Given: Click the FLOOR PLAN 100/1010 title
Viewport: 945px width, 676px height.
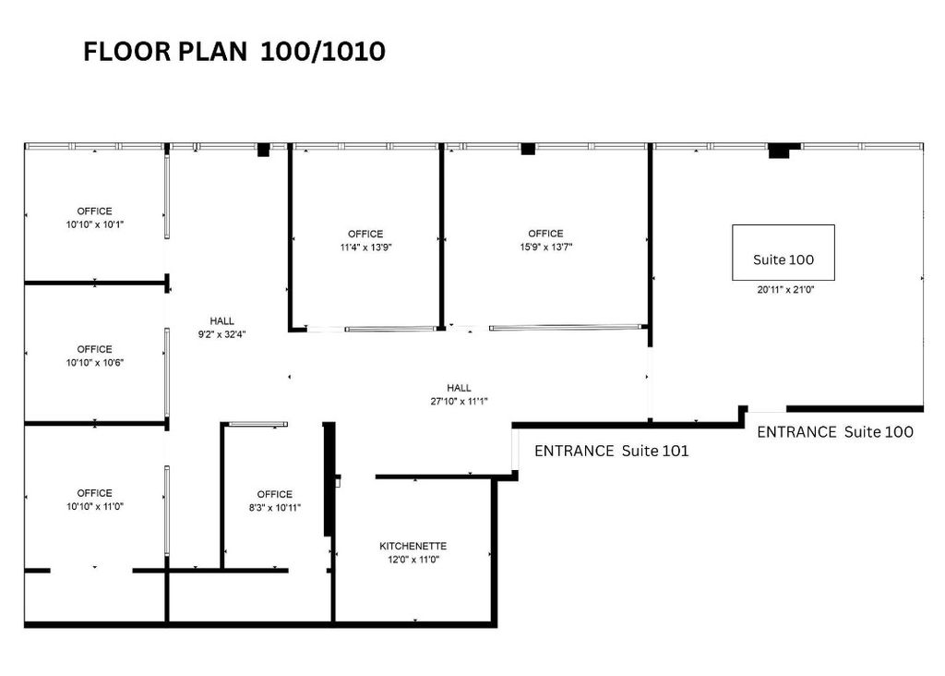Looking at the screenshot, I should (233, 53).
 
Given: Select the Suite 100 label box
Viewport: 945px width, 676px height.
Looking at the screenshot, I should (783, 252).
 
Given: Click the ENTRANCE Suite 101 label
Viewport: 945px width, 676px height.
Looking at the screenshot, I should (611, 451).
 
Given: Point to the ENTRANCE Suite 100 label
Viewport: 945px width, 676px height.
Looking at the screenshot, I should (834, 431).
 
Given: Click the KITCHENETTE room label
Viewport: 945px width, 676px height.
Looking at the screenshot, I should (413, 546).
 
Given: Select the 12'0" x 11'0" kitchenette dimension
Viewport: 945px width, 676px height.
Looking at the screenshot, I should (413, 559).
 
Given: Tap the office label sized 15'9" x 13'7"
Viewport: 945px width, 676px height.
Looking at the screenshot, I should (544, 234).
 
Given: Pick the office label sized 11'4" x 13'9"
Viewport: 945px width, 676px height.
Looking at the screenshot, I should (365, 234).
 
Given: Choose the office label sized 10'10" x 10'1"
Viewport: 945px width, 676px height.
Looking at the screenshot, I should (94, 211).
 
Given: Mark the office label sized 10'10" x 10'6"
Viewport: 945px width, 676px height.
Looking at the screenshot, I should (94, 349).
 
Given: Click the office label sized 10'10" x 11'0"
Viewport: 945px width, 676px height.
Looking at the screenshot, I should (94, 493).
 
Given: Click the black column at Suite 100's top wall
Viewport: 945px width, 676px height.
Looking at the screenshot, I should (784, 151).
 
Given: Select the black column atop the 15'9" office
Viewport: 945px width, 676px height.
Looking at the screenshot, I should (528, 149).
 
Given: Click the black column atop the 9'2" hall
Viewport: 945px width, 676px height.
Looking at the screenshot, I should (263, 149).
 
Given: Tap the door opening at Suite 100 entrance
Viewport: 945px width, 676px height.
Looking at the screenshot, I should (766, 409).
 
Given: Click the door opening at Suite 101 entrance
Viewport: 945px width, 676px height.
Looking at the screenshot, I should (514, 451).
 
